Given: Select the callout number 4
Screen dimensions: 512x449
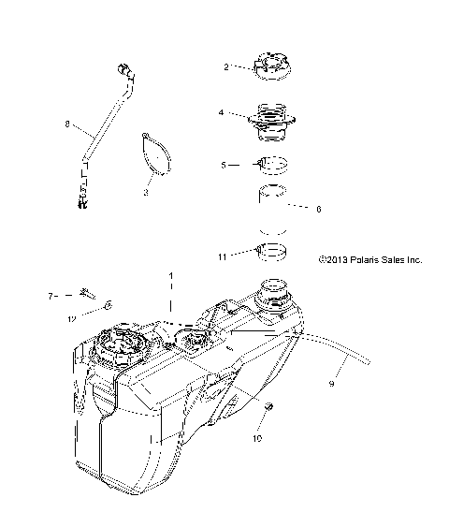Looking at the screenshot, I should [x=222, y=113].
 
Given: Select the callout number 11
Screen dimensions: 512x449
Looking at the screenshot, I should [x=221, y=254].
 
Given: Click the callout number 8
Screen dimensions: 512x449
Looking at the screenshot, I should [x=66, y=122].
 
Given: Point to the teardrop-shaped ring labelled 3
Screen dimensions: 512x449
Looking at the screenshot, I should [x=156, y=154].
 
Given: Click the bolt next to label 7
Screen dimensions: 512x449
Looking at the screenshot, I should [x=86, y=295].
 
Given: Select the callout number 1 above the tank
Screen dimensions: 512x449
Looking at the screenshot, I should [x=170, y=277].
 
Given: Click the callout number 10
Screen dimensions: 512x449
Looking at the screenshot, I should [x=259, y=437].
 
